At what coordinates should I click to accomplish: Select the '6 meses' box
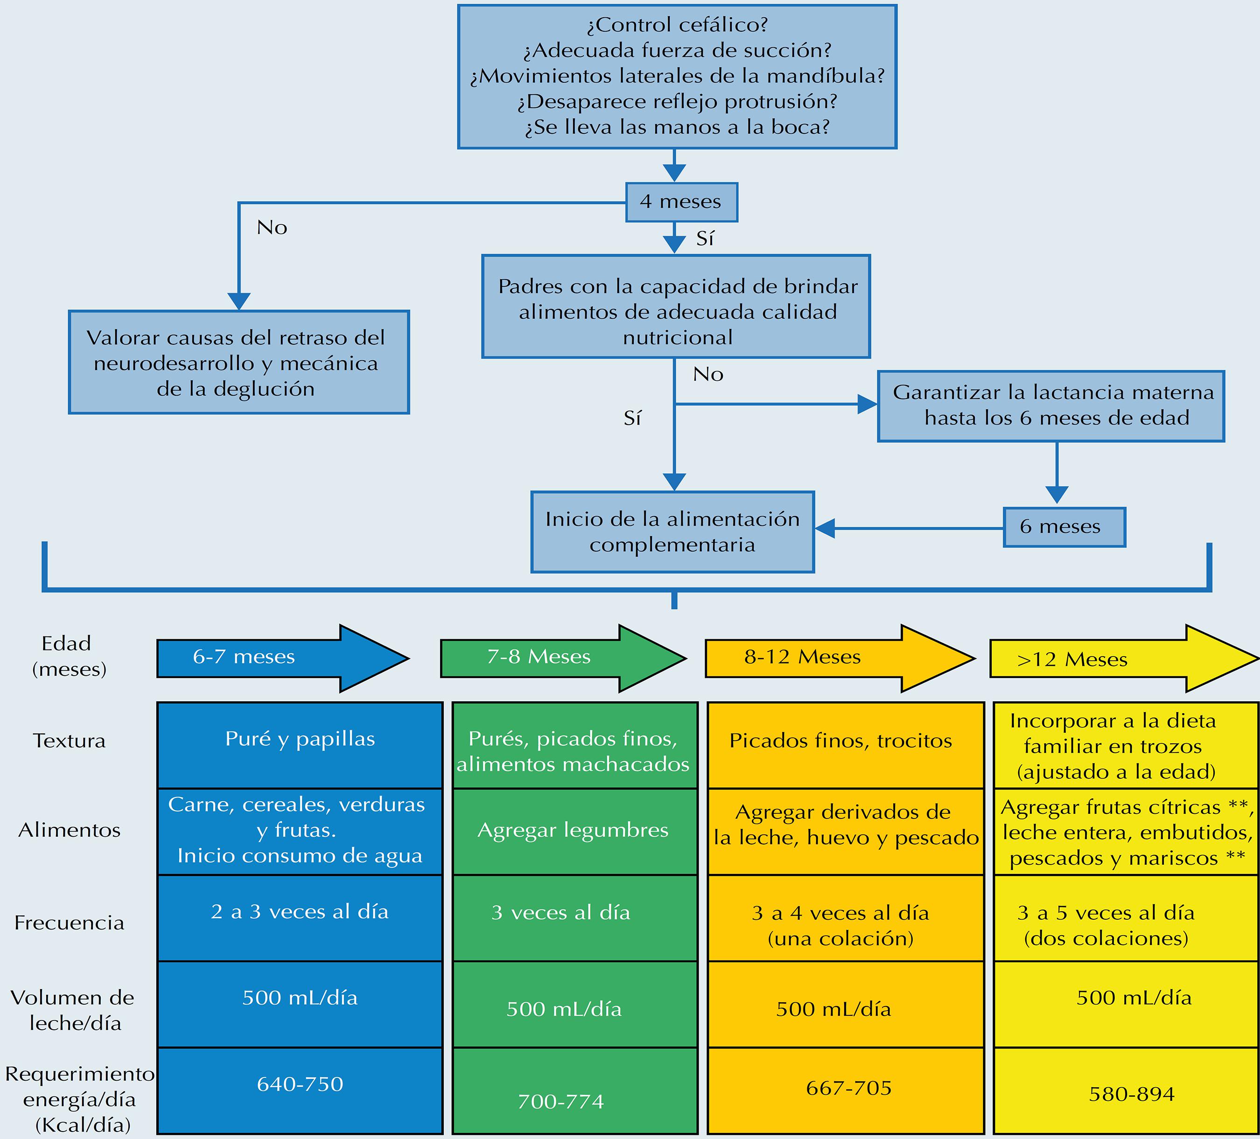[1064, 527]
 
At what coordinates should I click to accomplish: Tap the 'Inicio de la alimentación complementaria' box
[672, 531]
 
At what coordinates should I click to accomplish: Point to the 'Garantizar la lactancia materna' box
[1050, 406]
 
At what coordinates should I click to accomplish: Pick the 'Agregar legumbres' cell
[574, 831]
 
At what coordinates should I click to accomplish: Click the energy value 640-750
[300, 1083]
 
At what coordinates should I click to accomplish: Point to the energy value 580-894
[1131, 1093]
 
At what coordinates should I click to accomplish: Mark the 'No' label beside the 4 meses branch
[272, 227]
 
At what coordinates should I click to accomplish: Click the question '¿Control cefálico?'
[677, 25]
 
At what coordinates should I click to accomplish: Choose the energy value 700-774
[560, 1101]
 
